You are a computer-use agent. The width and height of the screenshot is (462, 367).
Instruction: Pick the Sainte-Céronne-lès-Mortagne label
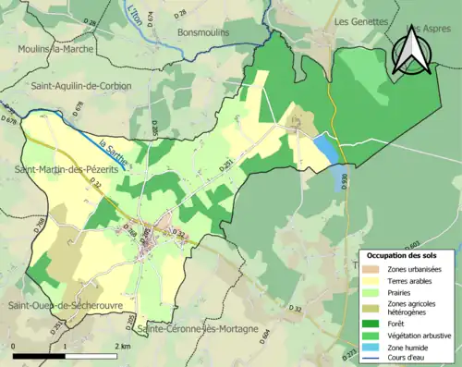(x=195, y=329)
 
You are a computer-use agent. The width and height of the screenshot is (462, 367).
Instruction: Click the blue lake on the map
(x=326, y=149)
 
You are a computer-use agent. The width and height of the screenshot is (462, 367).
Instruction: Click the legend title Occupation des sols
(x=407, y=255)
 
